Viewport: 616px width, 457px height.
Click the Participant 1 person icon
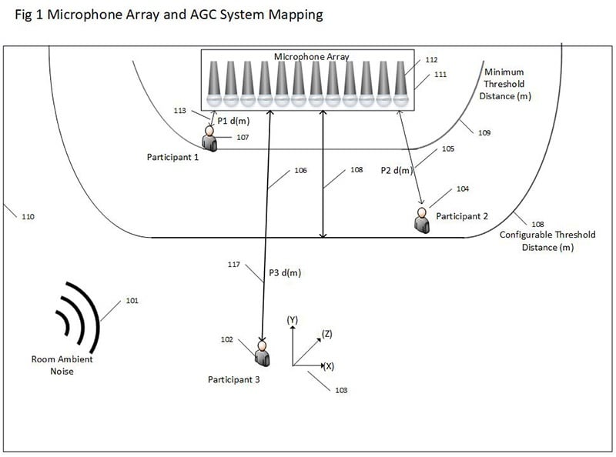pyautogui.click(x=209, y=138)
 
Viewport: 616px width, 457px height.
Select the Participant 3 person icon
pyautogui.click(x=263, y=353)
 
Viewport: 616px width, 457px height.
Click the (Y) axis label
pyautogui.click(x=292, y=319)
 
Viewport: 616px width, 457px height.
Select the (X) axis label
pyautogui.click(x=327, y=366)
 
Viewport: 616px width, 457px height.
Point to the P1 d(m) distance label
pyautogui.click(x=233, y=121)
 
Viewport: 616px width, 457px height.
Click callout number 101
pyautogui.click(x=132, y=301)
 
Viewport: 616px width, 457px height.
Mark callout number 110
pyautogui.click(x=28, y=217)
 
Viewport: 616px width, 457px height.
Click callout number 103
pyautogui.click(x=341, y=390)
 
